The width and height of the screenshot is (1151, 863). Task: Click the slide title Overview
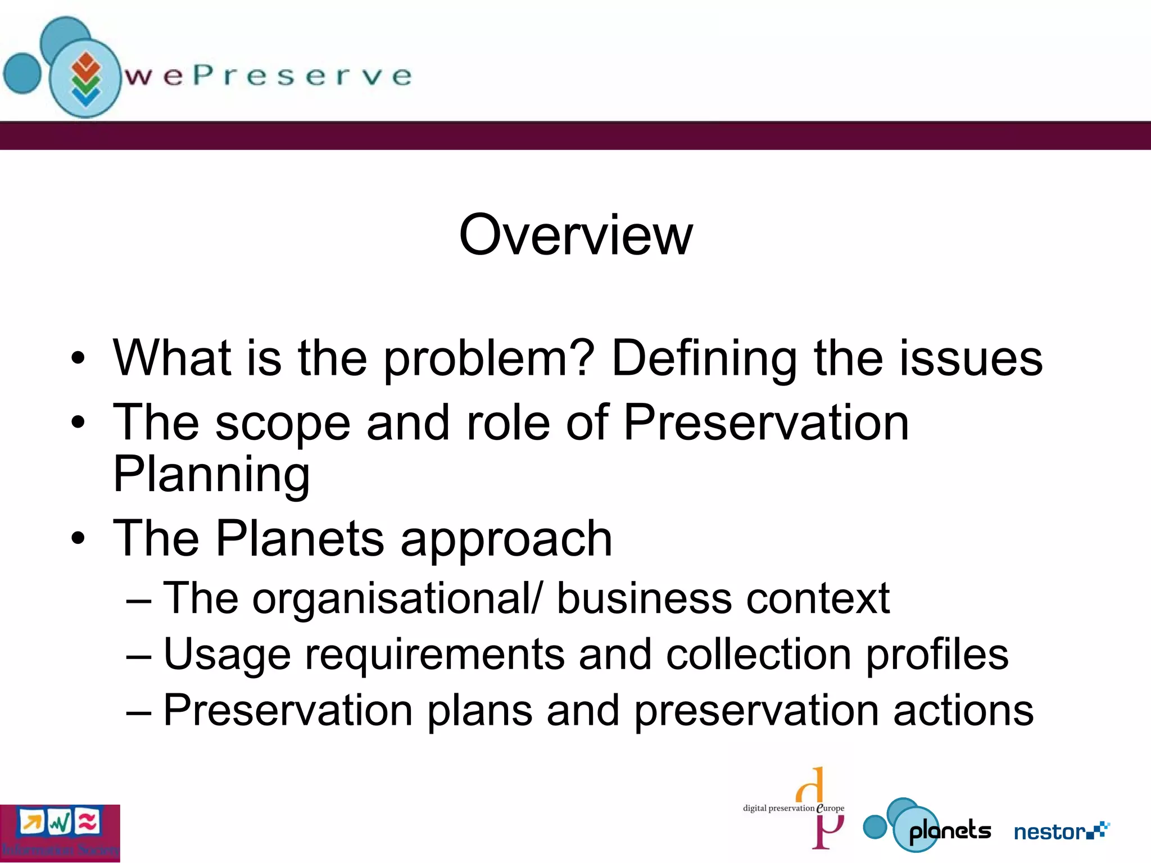coord(575,235)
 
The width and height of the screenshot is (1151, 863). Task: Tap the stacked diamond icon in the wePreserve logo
coord(85,79)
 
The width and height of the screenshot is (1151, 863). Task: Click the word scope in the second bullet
coord(283,424)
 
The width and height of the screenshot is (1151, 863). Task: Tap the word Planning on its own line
coord(211,475)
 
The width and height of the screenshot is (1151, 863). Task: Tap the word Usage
coord(227,655)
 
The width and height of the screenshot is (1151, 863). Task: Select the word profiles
coord(937,655)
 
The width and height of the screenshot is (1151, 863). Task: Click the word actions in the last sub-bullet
coord(963,710)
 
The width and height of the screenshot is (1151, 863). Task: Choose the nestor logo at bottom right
coord(1061,831)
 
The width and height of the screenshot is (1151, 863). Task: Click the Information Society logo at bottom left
coord(60,833)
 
